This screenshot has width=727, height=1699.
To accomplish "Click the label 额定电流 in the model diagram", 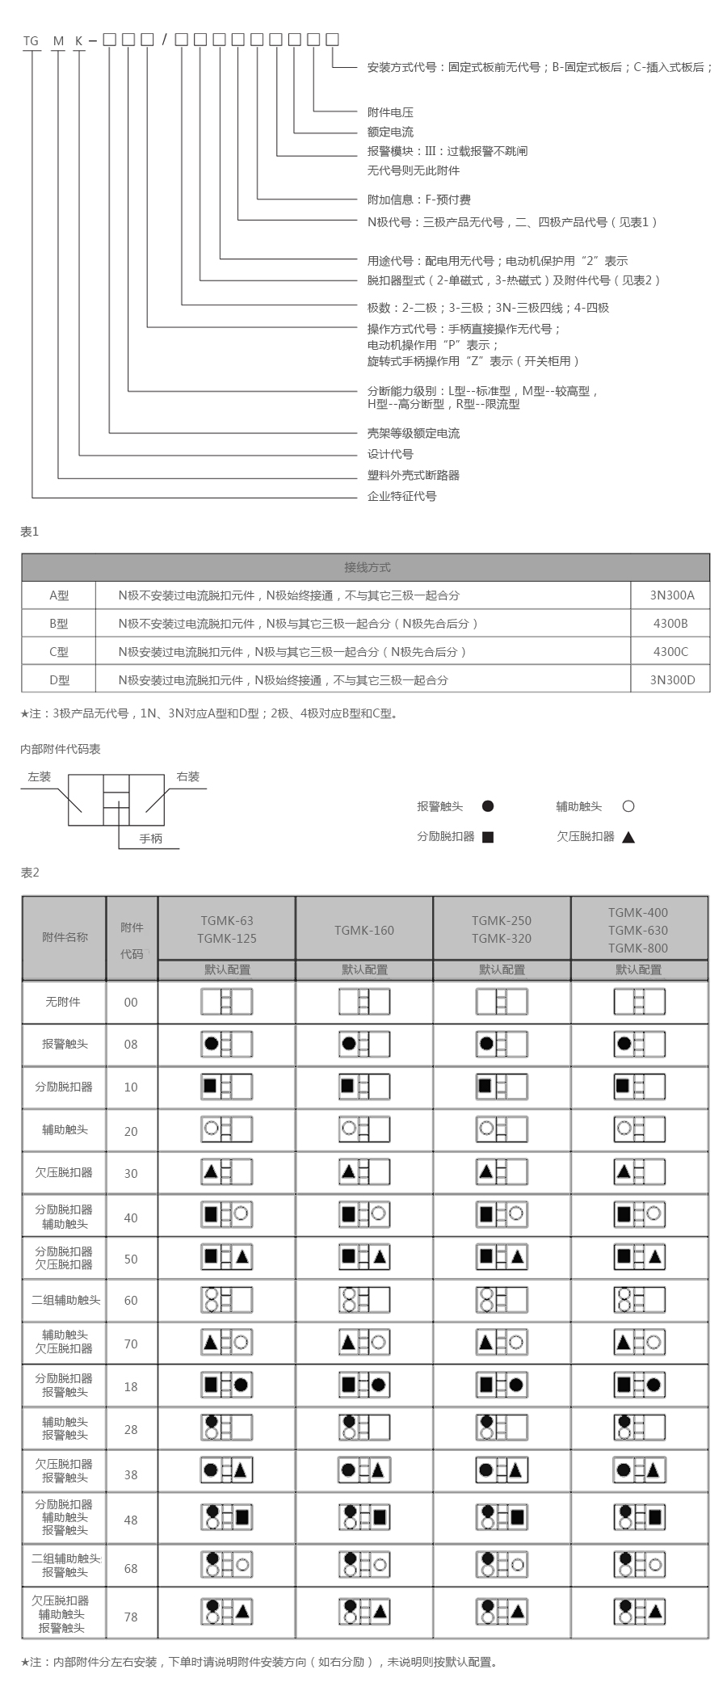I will point(390,132).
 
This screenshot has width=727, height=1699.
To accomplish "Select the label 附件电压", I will point(390,112).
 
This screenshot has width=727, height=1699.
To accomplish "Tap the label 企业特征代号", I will point(401,496).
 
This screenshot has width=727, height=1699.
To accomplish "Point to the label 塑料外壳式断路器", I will point(413,475).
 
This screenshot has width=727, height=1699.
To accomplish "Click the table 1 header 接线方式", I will point(367,567).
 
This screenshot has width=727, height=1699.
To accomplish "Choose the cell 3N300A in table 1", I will point(671,595).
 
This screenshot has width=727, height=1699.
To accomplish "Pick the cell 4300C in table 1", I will point(670,651).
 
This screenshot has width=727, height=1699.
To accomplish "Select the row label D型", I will point(59,680).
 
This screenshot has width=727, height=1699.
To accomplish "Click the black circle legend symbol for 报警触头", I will point(487,806).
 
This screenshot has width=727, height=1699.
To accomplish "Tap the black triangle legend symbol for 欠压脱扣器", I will point(628,837).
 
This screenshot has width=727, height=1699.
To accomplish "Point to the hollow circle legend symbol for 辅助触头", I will point(628,806).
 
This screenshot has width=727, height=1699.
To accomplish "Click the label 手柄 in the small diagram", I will point(150,839).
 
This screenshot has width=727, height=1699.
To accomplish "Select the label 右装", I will point(187,776).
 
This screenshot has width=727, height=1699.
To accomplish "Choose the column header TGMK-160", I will point(364,930).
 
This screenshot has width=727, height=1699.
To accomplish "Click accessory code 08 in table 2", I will point(131,1044).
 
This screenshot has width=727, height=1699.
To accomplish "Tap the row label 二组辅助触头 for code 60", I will point(65,1300).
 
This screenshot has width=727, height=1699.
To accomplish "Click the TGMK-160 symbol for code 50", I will point(364,1257).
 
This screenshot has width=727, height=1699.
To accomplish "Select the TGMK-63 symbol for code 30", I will point(226,1171).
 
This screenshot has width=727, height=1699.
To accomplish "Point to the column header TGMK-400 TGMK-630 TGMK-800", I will point(638,930).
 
